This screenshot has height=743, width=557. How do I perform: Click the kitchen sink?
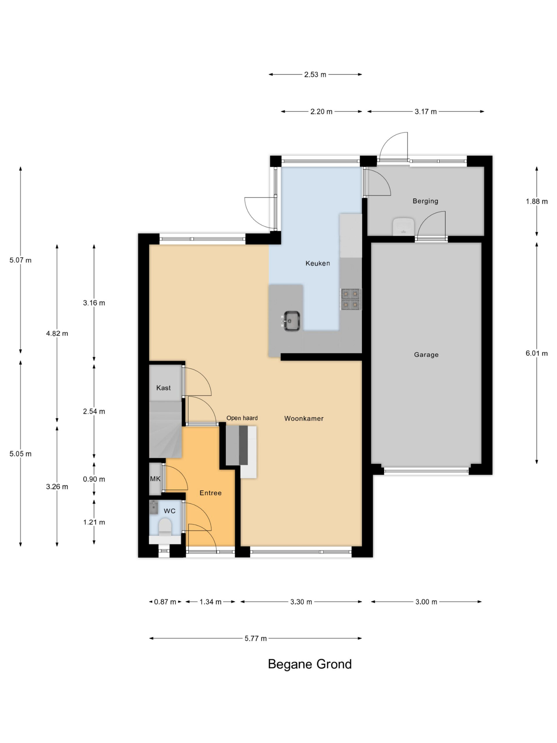click(292, 321)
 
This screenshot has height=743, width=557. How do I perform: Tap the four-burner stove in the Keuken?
click(350, 299)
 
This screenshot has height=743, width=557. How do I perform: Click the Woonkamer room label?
click(304, 419)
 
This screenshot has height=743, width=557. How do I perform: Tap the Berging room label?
click(425, 201)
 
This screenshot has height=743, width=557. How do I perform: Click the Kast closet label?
click(164, 388)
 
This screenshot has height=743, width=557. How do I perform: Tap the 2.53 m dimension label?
click(315, 75)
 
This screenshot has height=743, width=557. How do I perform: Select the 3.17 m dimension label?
click(425, 111)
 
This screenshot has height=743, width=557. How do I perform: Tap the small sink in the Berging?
click(403, 227)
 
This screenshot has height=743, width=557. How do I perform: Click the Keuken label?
click(318, 263)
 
